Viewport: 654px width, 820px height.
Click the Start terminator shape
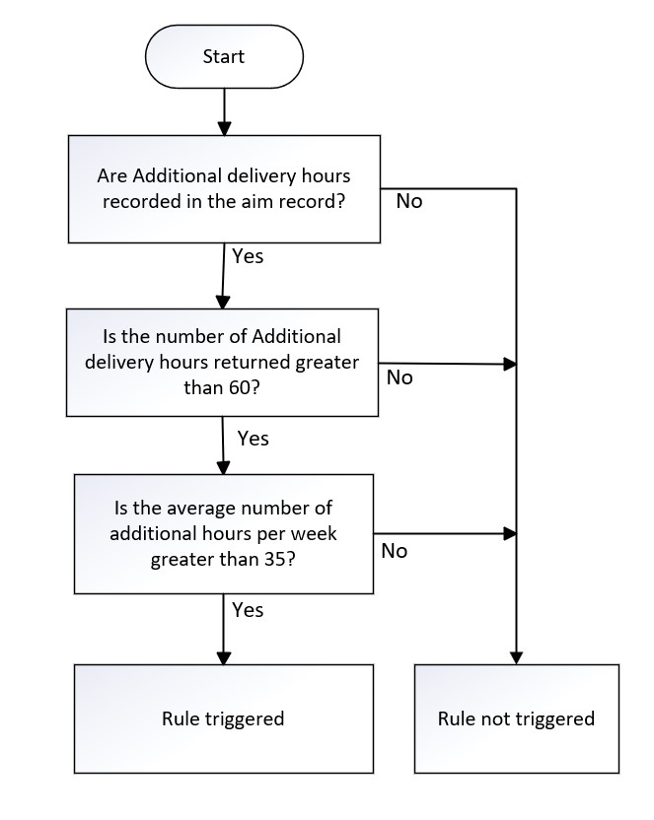click(223, 56)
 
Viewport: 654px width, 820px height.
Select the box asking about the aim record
click(224, 188)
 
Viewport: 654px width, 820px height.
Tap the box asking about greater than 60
click(223, 362)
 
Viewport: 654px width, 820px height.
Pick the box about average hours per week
click(224, 533)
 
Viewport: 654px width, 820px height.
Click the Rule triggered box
click(223, 718)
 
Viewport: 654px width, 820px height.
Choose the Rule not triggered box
click(516, 718)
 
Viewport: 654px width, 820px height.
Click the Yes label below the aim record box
click(248, 256)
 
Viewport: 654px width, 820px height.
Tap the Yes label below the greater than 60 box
click(253, 438)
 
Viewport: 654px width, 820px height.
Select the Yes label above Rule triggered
click(248, 610)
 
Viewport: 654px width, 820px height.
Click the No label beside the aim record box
click(409, 201)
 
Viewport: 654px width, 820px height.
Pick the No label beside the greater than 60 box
click(400, 377)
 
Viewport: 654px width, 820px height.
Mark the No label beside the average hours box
click(394, 551)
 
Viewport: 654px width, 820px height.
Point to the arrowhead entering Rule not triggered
click(516, 657)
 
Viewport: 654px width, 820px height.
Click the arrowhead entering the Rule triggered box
click(224, 657)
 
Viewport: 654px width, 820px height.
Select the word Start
click(223, 56)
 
